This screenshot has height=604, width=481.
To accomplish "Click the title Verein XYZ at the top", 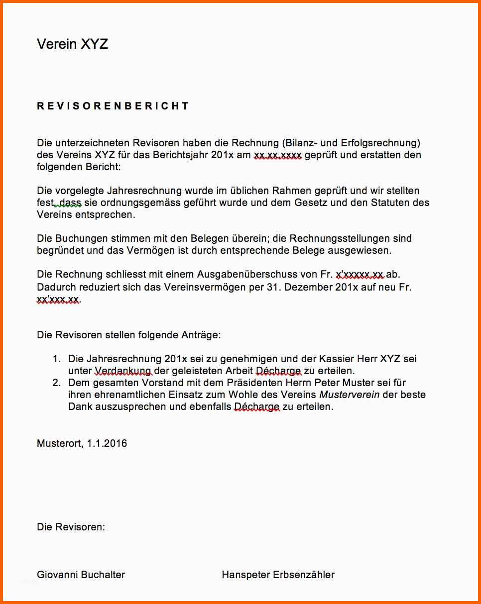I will (x=72, y=44).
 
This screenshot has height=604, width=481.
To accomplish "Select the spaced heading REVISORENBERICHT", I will (x=113, y=106).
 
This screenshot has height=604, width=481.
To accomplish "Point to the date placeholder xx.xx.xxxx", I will (x=277, y=155).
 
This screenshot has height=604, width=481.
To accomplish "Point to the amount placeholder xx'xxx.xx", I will (x=58, y=299).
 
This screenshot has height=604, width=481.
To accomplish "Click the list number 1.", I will (x=56, y=359).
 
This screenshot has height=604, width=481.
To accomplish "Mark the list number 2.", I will (x=56, y=383).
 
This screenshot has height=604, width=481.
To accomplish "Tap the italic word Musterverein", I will (x=349, y=395).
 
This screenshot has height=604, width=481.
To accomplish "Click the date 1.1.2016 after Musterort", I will (x=107, y=443).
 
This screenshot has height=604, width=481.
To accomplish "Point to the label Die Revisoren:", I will (x=71, y=527).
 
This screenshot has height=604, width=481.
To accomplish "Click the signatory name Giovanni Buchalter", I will (x=81, y=575).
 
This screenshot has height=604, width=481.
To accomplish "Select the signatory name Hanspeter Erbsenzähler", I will (x=278, y=575).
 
